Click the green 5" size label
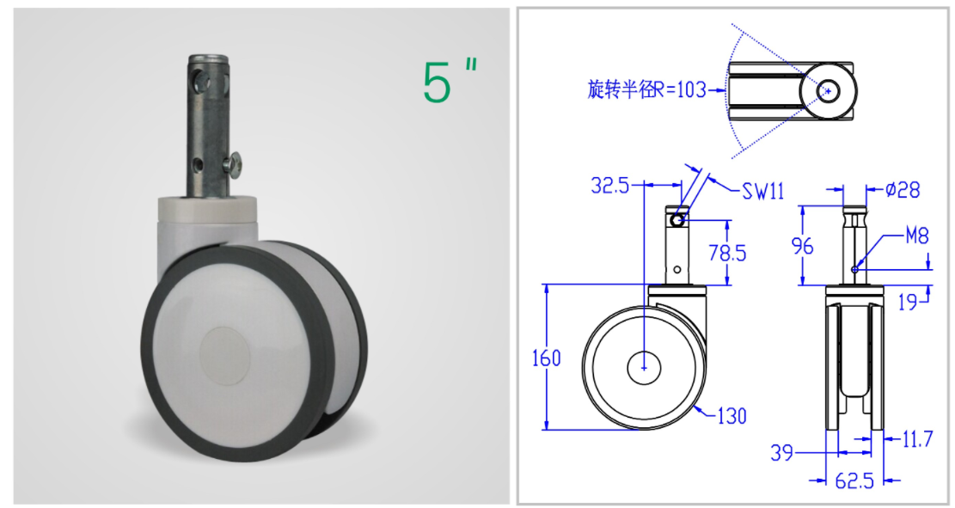tap(449, 81)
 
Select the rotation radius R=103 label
tap(646, 89)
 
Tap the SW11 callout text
tap(762, 191)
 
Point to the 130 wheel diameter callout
tap(730, 416)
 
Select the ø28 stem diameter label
tap(902, 189)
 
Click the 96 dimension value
tap(802, 246)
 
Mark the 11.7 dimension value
tap(917, 440)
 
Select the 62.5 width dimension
tap(854, 480)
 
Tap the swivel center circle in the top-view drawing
tap(829, 89)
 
